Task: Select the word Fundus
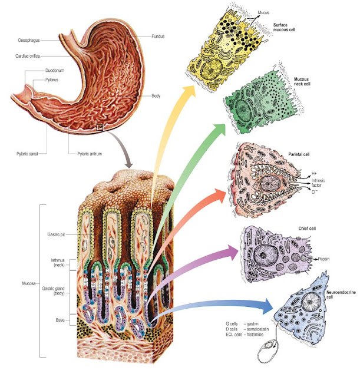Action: coord(157,36)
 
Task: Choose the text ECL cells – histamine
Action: coord(247,334)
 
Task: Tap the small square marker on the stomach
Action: coord(100,127)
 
